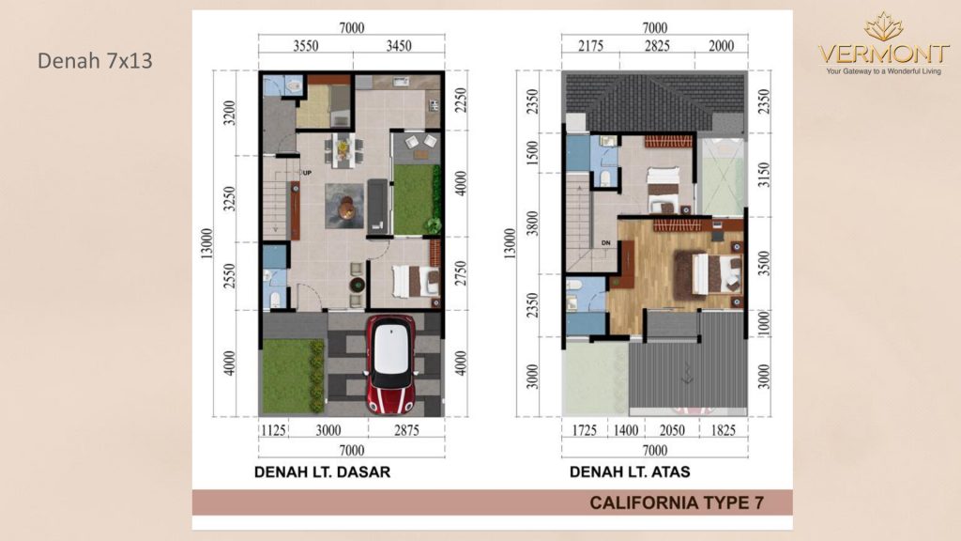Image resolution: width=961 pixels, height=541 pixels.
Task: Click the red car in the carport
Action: point(390,364)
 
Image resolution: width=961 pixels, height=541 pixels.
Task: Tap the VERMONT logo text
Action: point(883,54)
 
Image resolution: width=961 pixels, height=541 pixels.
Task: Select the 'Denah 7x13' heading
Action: point(95,61)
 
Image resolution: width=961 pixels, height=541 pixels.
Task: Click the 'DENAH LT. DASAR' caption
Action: point(323,471)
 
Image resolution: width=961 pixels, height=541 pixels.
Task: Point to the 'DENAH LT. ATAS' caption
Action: point(630,471)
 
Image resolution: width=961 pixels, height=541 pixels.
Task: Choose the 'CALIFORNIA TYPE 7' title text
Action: point(677,503)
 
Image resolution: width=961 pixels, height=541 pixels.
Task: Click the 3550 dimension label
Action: point(305,46)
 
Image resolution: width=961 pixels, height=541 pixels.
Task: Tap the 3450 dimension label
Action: point(398,46)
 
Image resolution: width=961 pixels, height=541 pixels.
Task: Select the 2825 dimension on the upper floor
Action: point(657,46)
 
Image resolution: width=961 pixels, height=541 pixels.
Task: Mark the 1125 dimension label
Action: point(273,430)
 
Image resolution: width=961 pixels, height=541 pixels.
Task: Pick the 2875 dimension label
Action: point(406,430)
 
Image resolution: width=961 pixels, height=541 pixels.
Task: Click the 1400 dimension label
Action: point(626,430)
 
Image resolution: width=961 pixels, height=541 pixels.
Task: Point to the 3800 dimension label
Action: point(532,224)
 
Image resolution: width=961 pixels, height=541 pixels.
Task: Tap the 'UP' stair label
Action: point(307,173)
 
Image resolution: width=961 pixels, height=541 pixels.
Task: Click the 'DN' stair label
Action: point(605,243)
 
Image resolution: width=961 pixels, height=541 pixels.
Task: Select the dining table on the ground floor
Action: point(343,149)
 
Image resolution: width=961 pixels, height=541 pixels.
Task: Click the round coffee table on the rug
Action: point(346,207)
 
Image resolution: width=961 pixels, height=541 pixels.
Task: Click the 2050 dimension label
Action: point(672,430)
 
